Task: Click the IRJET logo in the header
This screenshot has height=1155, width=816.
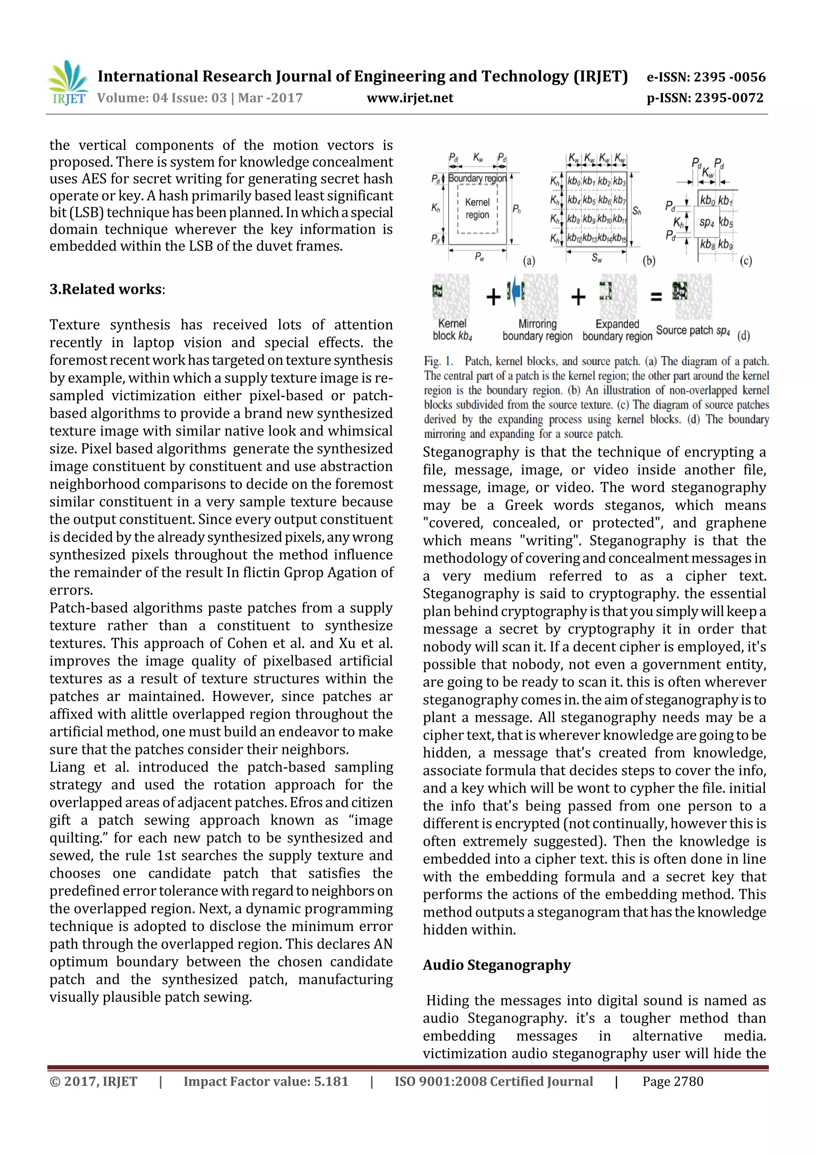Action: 68,83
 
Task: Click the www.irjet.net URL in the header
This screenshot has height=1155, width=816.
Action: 410,98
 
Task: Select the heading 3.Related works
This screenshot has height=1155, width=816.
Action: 106,289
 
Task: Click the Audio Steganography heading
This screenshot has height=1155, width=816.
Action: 497,965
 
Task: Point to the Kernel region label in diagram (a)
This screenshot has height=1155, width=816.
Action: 477,208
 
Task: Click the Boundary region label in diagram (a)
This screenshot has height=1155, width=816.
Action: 477,179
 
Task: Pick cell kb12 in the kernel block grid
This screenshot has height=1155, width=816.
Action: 574,238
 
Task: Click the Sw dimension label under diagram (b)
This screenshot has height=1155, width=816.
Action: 596,258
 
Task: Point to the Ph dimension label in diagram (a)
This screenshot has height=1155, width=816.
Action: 516,209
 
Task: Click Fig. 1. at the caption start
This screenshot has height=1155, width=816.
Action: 438,361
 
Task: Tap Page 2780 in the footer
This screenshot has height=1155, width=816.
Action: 672,1082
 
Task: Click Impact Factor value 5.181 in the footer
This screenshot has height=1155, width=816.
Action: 265,1082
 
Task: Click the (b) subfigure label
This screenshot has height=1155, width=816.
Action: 649,261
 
